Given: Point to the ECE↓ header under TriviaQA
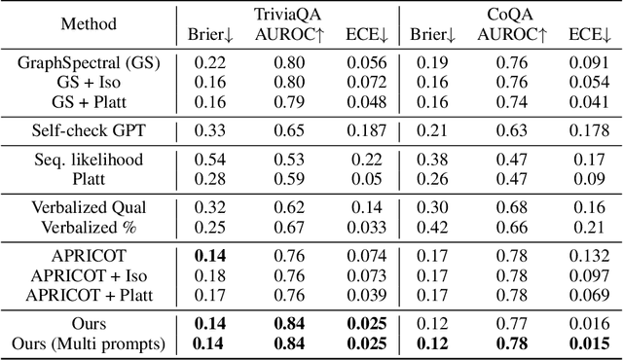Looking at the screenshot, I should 366,35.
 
